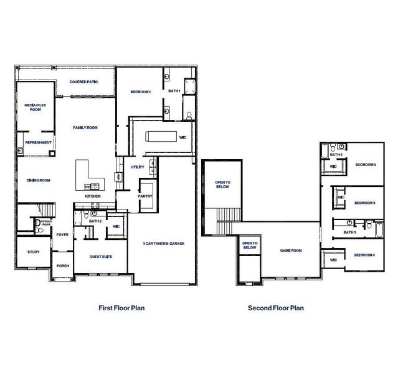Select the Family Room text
(85, 127)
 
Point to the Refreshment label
(38, 142)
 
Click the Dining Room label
(38, 180)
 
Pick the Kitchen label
(93, 196)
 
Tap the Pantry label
(145, 195)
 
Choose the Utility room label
(138, 167)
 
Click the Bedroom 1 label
(141, 92)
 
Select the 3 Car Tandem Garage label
(163, 244)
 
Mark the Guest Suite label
(100, 256)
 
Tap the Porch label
(62, 265)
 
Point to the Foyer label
(62, 235)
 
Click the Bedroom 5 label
(366, 165)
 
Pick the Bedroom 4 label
(364, 255)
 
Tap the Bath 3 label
(349, 233)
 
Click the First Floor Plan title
(122, 308)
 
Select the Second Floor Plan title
(276, 308)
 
